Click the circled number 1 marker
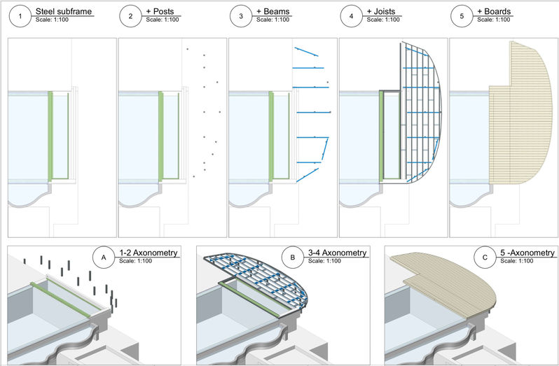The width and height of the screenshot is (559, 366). (20, 15)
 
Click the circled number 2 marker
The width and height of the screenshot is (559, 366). (131, 15)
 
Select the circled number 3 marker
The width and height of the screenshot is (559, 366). (241, 15)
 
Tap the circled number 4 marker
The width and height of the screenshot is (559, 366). (352, 15)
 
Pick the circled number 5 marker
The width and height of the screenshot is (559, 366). (462, 15)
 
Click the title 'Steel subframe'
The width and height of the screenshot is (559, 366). (64, 12)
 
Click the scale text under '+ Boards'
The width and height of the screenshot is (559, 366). (494, 20)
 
